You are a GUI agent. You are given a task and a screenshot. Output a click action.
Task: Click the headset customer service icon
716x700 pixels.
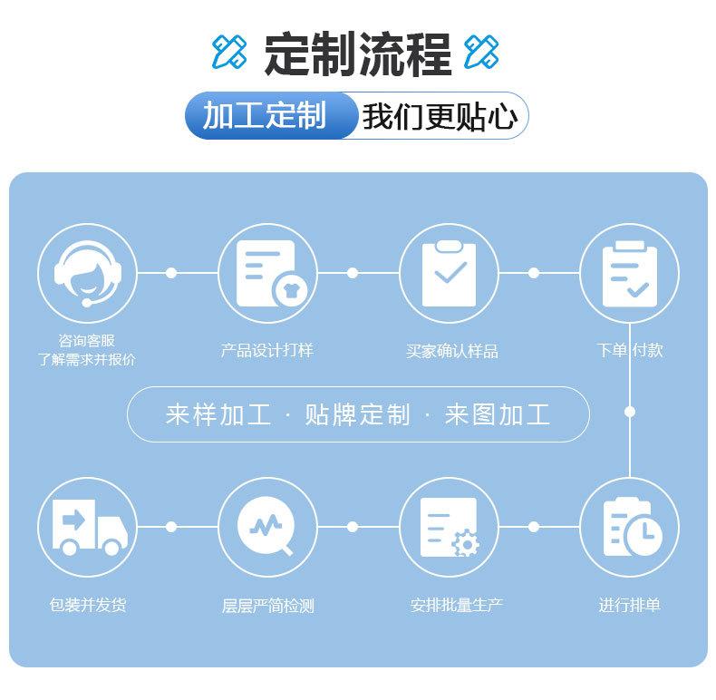click(87, 272)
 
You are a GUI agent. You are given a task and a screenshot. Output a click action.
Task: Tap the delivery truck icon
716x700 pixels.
click(87, 526)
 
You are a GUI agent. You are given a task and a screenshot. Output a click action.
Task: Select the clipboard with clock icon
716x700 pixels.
click(630, 526)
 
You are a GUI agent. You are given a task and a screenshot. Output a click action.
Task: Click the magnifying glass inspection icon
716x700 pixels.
click(267, 526)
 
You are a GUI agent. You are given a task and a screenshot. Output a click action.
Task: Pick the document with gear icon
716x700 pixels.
click(450, 526)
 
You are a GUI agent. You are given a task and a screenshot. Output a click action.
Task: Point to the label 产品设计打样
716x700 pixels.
click(267, 350)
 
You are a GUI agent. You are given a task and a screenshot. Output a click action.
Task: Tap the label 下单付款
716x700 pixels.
click(630, 350)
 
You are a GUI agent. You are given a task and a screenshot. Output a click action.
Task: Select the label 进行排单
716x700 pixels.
click(629, 605)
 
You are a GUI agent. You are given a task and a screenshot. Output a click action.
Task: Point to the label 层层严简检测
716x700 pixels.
click(267, 605)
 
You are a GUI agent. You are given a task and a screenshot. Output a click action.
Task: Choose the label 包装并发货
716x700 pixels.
click(87, 605)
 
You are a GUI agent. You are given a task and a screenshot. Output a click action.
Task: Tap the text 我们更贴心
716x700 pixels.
click(440, 116)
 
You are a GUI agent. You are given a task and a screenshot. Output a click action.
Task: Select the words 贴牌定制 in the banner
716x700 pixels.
click(358, 415)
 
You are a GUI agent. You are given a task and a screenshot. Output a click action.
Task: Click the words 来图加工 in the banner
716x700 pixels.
click(498, 415)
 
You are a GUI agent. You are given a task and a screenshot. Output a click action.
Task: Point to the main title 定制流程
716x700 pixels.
click(358, 53)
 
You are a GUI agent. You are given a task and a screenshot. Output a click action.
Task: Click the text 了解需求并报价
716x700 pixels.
click(87, 359)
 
